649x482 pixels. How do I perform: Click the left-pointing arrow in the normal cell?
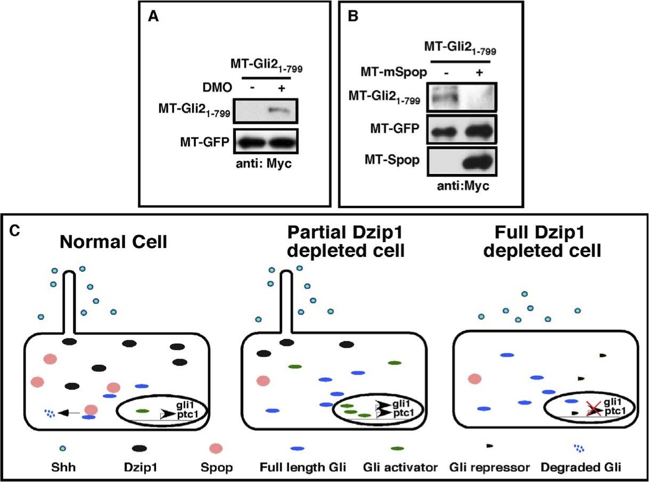pos(69,412)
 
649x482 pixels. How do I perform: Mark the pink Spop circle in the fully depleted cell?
pos(474,379)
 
